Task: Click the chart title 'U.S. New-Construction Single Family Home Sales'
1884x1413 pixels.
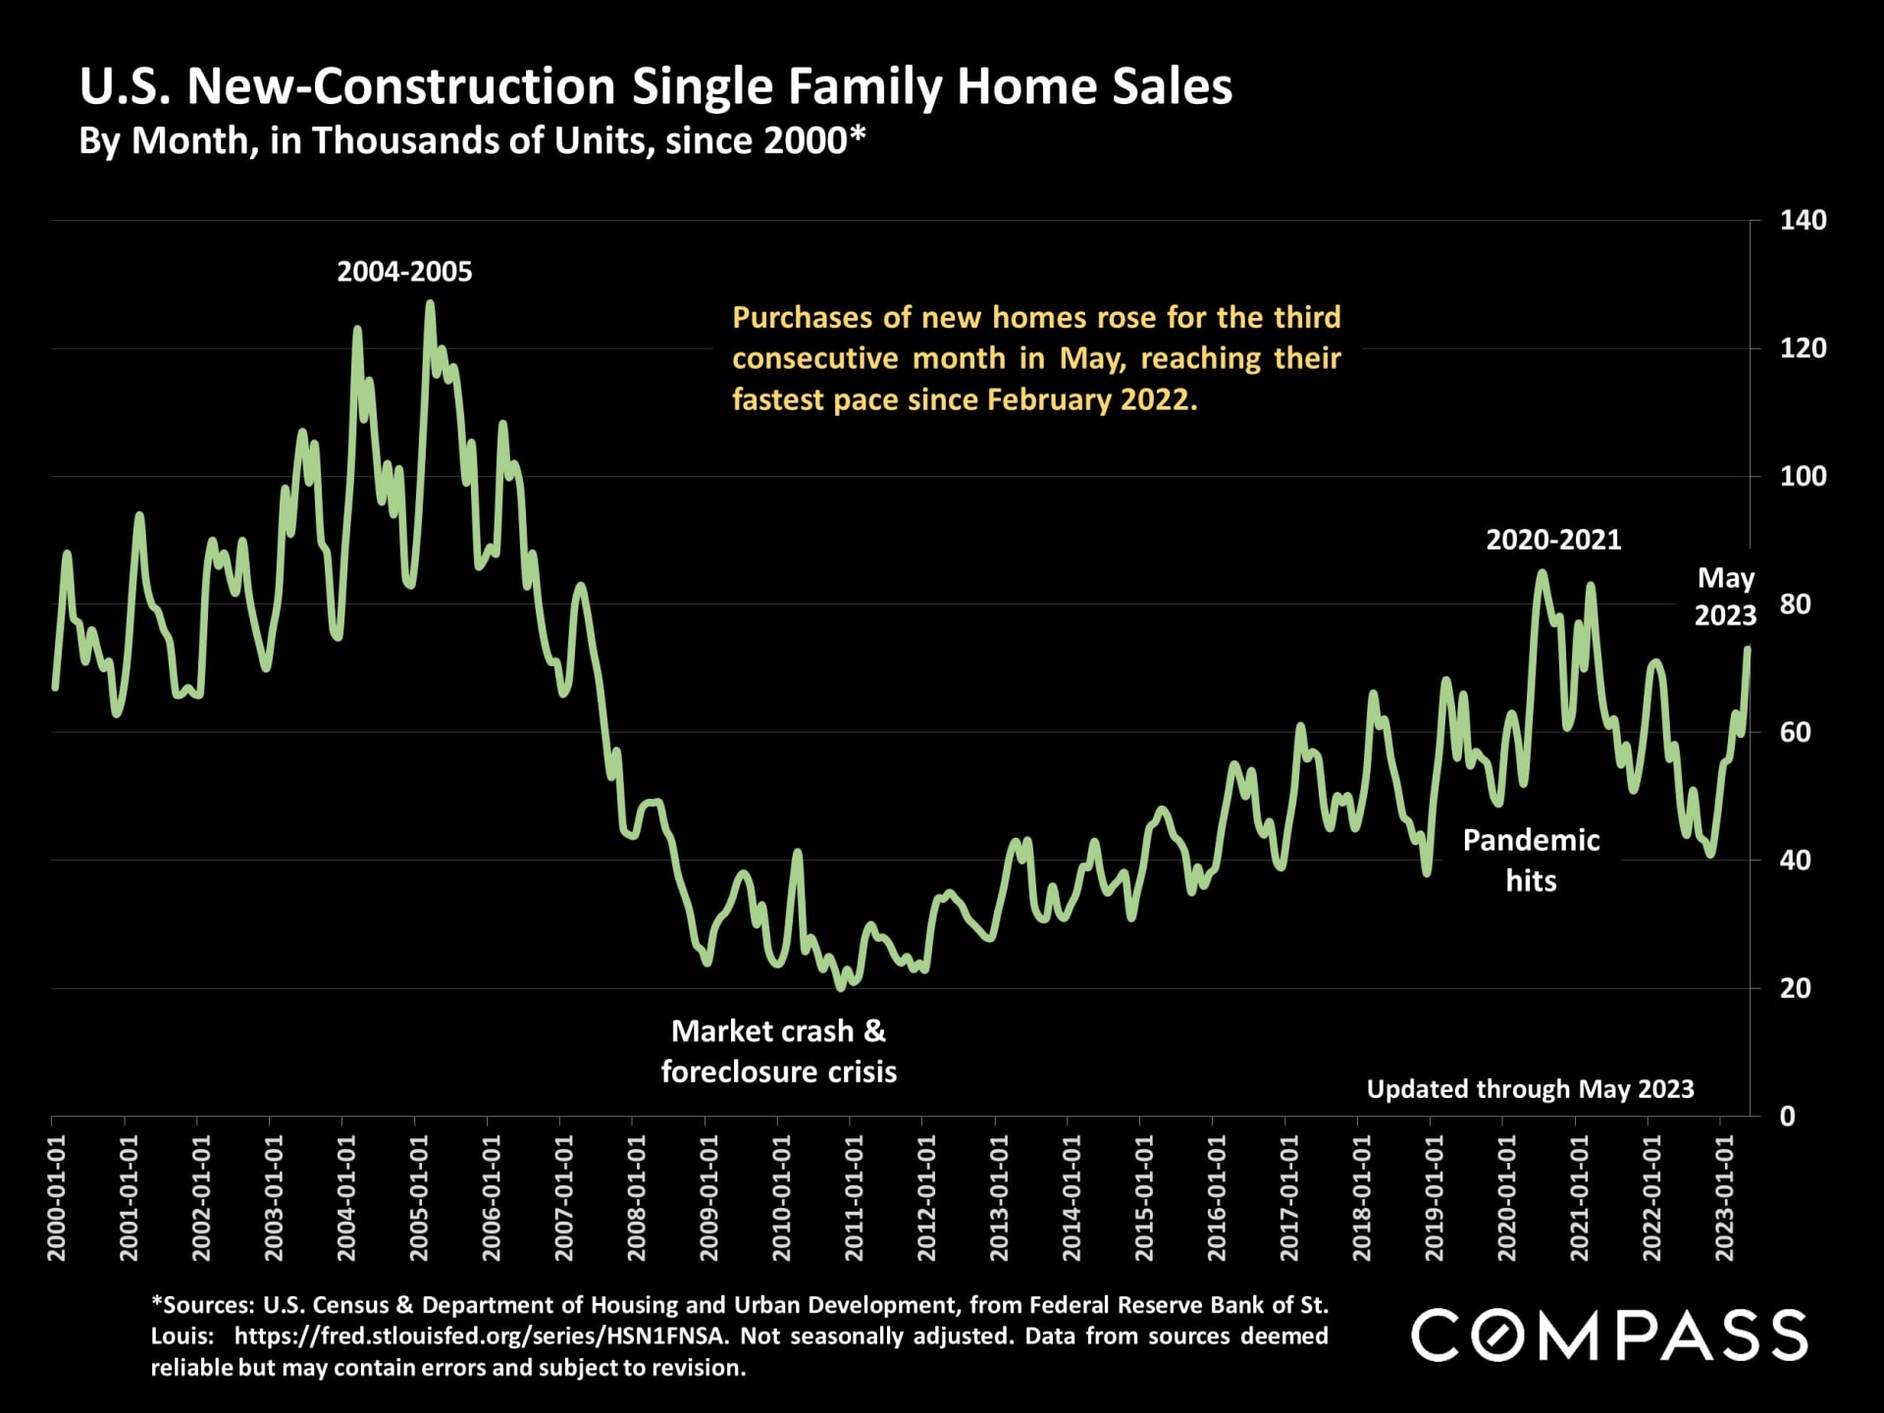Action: click(655, 86)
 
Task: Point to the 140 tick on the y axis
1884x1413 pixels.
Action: click(1803, 220)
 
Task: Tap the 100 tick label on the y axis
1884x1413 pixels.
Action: click(1803, 477)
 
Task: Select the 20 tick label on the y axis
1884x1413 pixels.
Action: click(1795, 988)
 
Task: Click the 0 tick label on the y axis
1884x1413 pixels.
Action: click(1787, 1117)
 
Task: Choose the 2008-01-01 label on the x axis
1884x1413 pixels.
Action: click(637, 1197)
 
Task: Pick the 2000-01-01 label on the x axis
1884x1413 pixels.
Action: click(56, 1197)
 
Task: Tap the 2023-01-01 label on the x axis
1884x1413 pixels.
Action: click(1725, 1197)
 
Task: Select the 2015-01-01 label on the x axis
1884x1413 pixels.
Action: click(1144, 1197)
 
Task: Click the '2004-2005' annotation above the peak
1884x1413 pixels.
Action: click(404, 272)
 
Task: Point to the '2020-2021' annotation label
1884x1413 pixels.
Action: click(1553, 540)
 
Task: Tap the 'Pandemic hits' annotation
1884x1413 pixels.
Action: click(1531, 861)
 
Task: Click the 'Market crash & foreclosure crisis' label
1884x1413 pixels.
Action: click(778, 1051)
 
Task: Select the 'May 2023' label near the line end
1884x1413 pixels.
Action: click(1725, 597)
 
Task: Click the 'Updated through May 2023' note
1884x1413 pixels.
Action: click(1530, 1089)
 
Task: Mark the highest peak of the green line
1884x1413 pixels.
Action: click(429, 304)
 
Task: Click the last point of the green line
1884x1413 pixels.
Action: click(1748, 648)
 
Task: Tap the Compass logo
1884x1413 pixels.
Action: click(1609, 1335)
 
